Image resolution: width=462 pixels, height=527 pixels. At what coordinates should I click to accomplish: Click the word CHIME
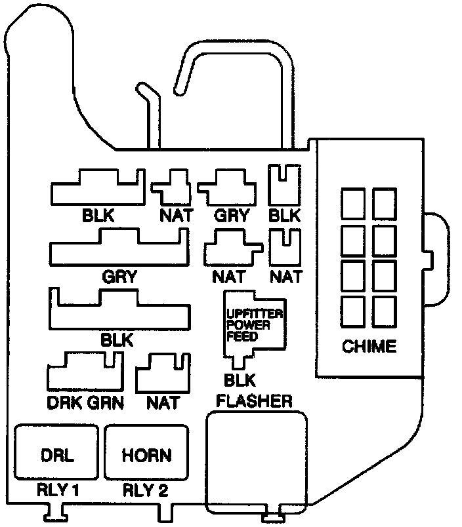pyautogui.click(x=369, y=346)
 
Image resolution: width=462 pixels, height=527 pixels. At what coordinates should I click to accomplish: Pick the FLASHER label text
pyautogui.click(x=255, y=400)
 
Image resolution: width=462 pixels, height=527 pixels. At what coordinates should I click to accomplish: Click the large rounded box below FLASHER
pyautogui.click(x=257, y=463)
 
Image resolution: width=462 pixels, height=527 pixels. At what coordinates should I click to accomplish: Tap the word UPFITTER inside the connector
pyautogui.click(x=254, y=314)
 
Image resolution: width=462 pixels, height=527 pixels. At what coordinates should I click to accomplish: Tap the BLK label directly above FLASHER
pyautogui.click(x=239, y=380)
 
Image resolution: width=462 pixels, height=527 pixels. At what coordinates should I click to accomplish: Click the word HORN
pyautogui.click(x=146, y=455)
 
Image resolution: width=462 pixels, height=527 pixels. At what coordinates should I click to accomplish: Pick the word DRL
pyautogui.click(x=56, y=455)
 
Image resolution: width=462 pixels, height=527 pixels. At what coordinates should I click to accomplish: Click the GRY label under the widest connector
pyautogui.click(x=119, y=276)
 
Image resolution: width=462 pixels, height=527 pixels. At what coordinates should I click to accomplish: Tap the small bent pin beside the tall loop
pyautogui.click(x=150, y=111)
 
